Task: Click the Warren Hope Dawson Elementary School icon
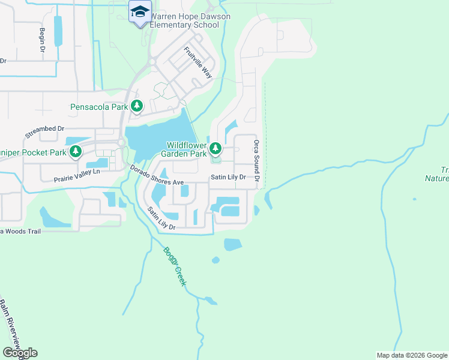[x=140, y=12]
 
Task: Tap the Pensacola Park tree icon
[x=137, y=107]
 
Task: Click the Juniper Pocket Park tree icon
[x=76, y=152]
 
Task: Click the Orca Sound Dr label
[x=256, y=161]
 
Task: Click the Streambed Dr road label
[x=45, y=133]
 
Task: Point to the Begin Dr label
[x=43, y=40]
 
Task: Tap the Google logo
[x=20, y=353]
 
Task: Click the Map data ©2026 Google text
[x=412, y=355]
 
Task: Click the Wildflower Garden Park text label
[x=187, y=149]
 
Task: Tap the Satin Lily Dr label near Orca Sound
[x=228, y=178]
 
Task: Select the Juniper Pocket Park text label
[x=33, y=152]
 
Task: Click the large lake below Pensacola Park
[x=158, y=135]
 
